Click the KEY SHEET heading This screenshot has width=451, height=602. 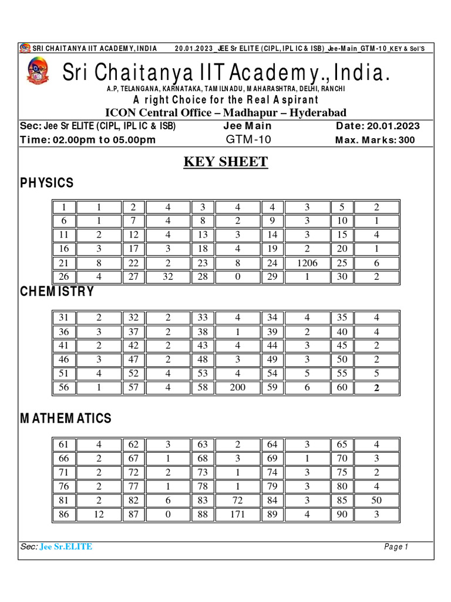click(226, 162)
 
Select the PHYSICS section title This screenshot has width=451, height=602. click(47, 183)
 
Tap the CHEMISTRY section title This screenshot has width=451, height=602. click(57, 292)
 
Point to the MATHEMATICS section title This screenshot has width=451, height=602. click(66, 419)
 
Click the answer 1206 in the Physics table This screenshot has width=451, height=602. click(307, 263)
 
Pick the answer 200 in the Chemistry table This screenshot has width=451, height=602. click(238, 387)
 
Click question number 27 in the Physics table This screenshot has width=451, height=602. click(133, 277)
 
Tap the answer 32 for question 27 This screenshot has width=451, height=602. click(168, 277)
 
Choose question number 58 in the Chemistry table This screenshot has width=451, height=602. click(203, 387)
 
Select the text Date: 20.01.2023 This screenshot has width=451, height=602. click(378, 126)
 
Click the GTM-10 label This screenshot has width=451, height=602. click(247, 140)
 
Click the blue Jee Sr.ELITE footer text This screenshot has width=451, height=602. click(66, 547)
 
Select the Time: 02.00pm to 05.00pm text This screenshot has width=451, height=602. click(88, 140)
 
